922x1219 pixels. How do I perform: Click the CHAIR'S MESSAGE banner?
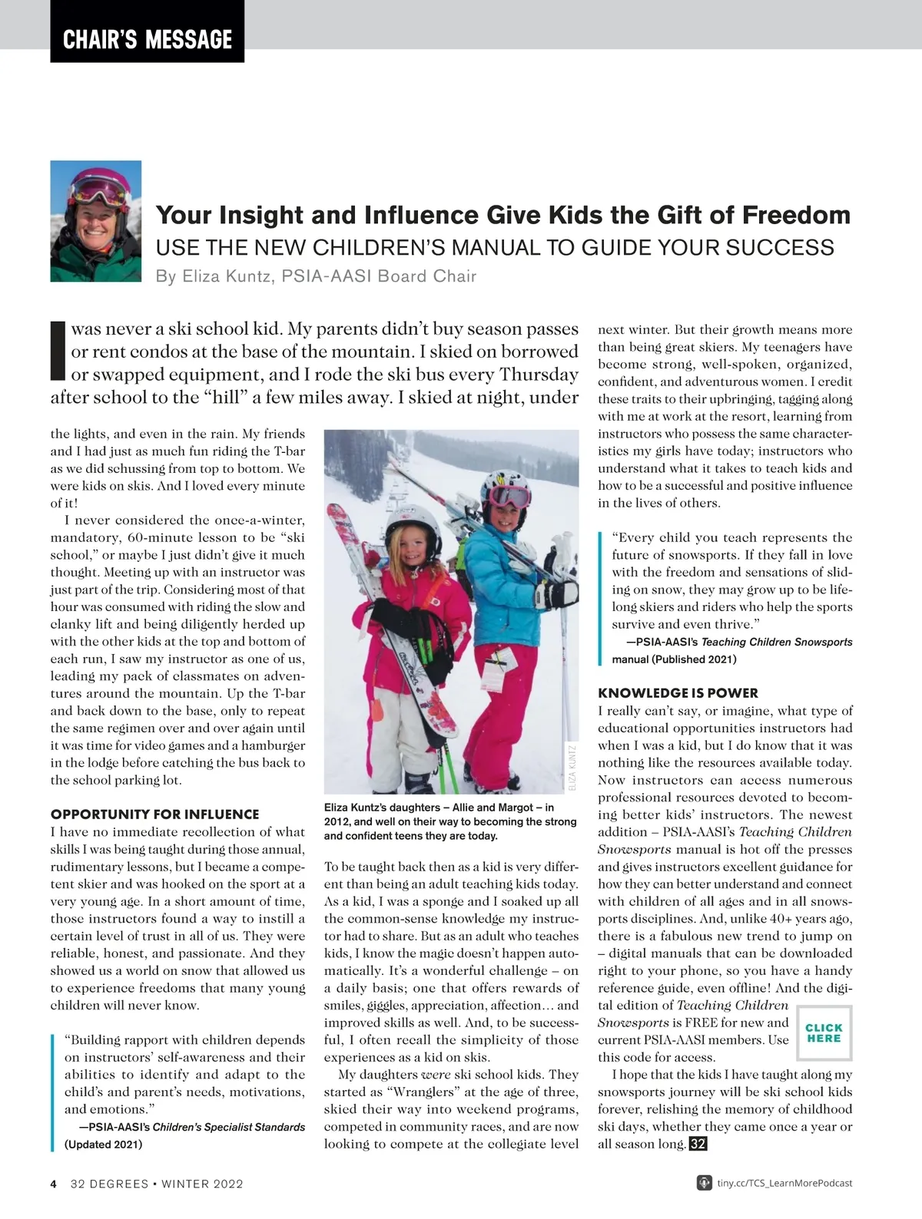tap(148, 38)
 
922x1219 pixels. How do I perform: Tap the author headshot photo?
tap(96, 221)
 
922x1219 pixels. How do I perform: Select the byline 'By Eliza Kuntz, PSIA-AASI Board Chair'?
tap(316, 276)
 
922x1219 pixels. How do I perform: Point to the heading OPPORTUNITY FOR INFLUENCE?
tap(154, 814)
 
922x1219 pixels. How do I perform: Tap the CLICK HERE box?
tap(824, 1032)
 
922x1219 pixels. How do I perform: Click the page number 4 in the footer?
tap(54, 1184)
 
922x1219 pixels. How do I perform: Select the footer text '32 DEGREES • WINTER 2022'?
tap(157, 1184)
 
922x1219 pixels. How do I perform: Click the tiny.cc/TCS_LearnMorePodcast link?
tap(784, 1183)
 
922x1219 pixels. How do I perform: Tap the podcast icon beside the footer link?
tap(703, 1183)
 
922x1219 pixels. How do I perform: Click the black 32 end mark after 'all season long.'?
tap(698, 1144)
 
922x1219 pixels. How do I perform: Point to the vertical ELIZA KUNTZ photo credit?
tap(572, 767)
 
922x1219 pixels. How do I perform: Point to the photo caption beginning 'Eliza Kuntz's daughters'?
tap(450, 821)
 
